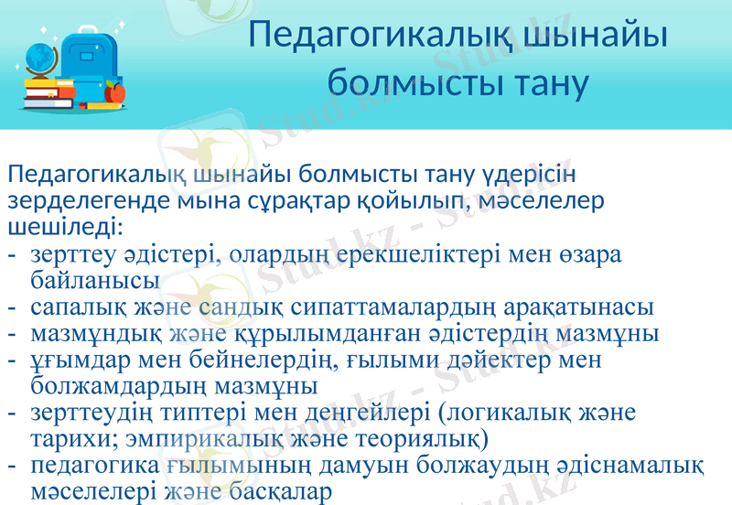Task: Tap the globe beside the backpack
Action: (39, 57)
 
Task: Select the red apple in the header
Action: (115, 91)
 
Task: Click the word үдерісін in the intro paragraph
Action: (527, 174)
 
